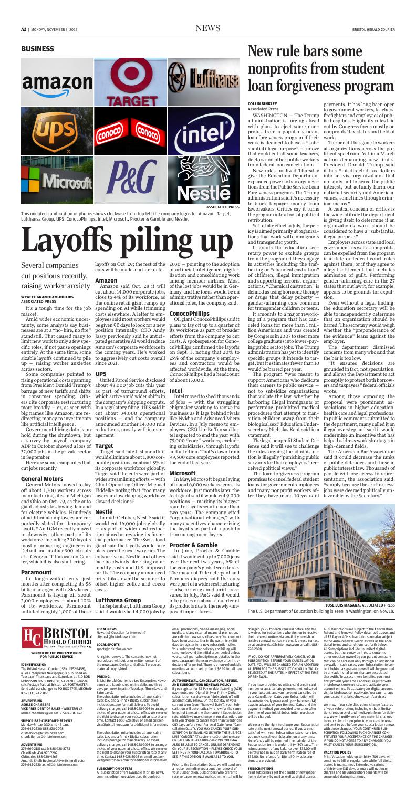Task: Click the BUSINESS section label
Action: pyautogui.click(x=38, y=48)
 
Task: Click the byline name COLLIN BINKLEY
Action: pyautogui.click(x=262, y=104)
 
